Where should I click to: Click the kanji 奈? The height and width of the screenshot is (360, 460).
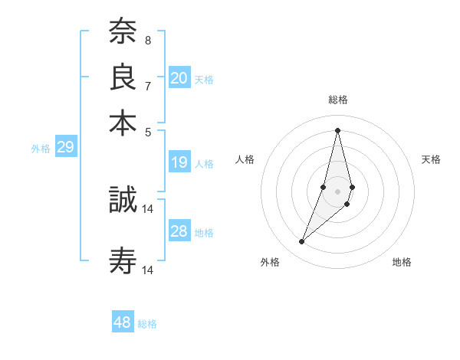(x=123, y=33)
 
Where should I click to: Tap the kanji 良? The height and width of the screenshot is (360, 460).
(x=123, y=77)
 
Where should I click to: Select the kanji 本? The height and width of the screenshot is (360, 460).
(x=123, y=123)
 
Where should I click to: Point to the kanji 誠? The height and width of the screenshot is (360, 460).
(x=123, y=200)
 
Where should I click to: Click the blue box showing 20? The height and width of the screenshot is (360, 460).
(x=179, y=78)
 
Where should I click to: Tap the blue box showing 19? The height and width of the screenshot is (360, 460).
(x=179, y=162)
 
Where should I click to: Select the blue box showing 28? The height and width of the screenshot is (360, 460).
(x=179, y=232)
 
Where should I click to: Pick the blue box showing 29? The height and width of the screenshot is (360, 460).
(x=65, y=148)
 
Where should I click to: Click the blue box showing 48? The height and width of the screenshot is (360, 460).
(x=123, y=322)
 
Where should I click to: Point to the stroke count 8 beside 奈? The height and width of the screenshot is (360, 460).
(x=148, y=40)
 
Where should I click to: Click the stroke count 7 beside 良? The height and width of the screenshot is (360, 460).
(x=148, y=86)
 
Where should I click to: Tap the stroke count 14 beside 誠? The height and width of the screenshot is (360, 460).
(x=148, y=208)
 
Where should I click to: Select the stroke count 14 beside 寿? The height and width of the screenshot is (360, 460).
(x=148, y=270)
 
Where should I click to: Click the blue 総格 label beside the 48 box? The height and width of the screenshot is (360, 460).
(x=147, y=324)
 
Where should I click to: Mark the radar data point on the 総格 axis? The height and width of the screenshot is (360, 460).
(x=337, y=129)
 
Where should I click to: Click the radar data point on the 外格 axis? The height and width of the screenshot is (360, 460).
(x=301, y=242)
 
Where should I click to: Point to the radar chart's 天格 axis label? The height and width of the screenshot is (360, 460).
(x=431, y=159)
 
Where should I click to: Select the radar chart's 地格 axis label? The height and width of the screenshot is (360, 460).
(x=402, y=263)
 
